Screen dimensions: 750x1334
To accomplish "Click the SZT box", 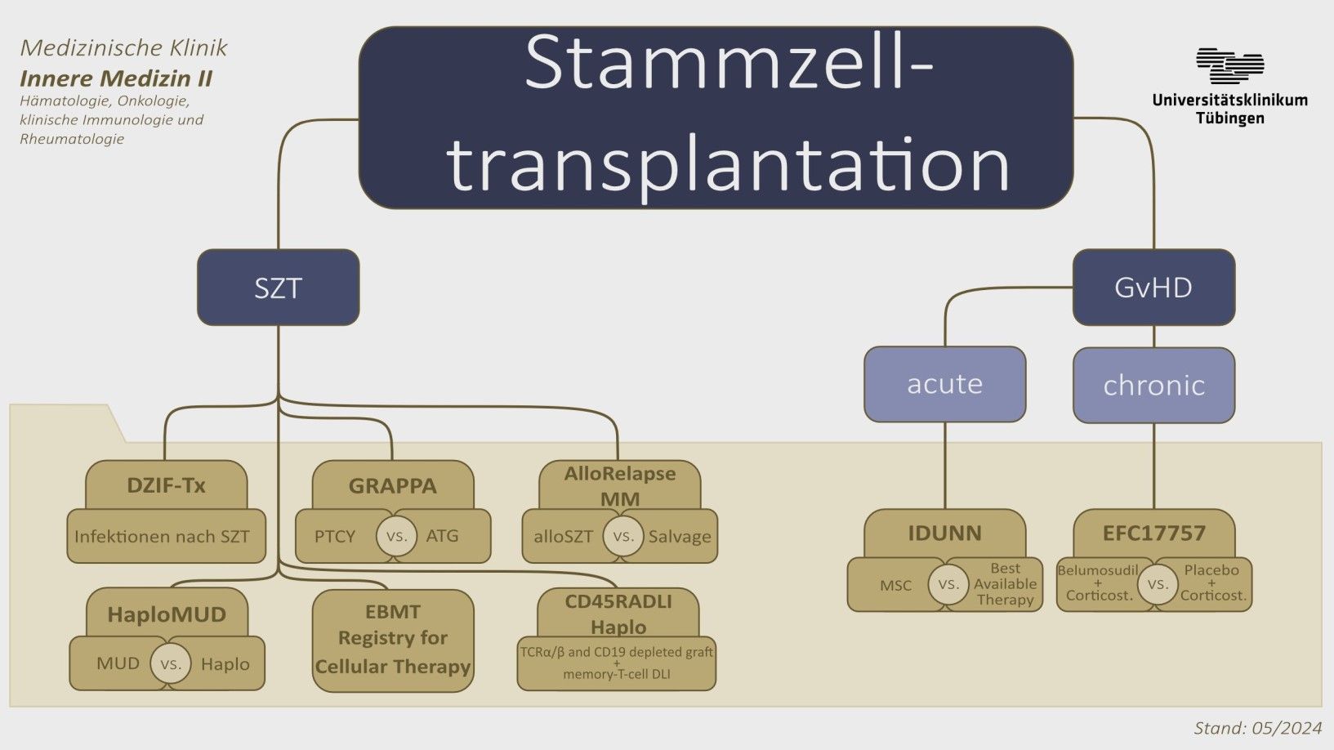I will click(x=278, y=288).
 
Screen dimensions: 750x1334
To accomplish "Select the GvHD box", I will click(x=1153, y=288).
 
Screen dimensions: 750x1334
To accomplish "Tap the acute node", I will click(x=944, y=384).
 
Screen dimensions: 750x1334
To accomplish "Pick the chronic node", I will click(x=1153, y=385).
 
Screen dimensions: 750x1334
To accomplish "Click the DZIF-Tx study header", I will click(x=166, y=485).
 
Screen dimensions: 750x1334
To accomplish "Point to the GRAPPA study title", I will click(x=392, y=486).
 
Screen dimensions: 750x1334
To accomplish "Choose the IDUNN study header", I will click(x=944, y=533).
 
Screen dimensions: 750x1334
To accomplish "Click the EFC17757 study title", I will click(x=1153, y=533).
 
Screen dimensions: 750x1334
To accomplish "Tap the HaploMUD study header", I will click(x=167, y=614).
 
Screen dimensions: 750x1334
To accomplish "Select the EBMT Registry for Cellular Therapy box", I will click(x=393, y=640).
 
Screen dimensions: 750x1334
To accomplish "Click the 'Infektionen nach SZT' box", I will click(x=162, y=537).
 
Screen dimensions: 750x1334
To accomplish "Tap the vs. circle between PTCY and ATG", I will click(x=396, y=537).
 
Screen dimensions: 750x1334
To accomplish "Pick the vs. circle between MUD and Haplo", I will click(x=170, y=664).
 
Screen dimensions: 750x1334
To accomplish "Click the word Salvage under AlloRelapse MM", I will click(x=680, y=537).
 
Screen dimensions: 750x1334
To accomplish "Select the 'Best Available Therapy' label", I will click(x=1005, y=584).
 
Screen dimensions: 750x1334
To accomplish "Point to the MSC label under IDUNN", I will click(x=895, y=585).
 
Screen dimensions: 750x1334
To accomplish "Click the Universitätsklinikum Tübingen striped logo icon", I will click(x=1229, y=66).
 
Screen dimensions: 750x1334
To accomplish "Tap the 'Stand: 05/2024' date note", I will click(x=1257, y=728).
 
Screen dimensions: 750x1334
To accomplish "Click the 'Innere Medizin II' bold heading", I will click(x=116, y=78).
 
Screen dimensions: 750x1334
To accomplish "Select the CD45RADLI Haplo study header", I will click(x=618, y=614).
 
